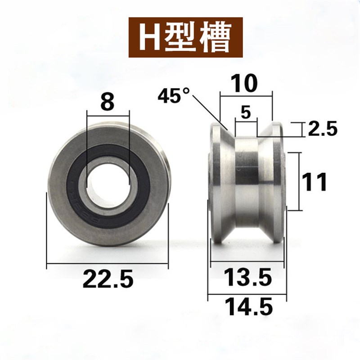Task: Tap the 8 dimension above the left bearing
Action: point(107,102)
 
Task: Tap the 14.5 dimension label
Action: point(247,308)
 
